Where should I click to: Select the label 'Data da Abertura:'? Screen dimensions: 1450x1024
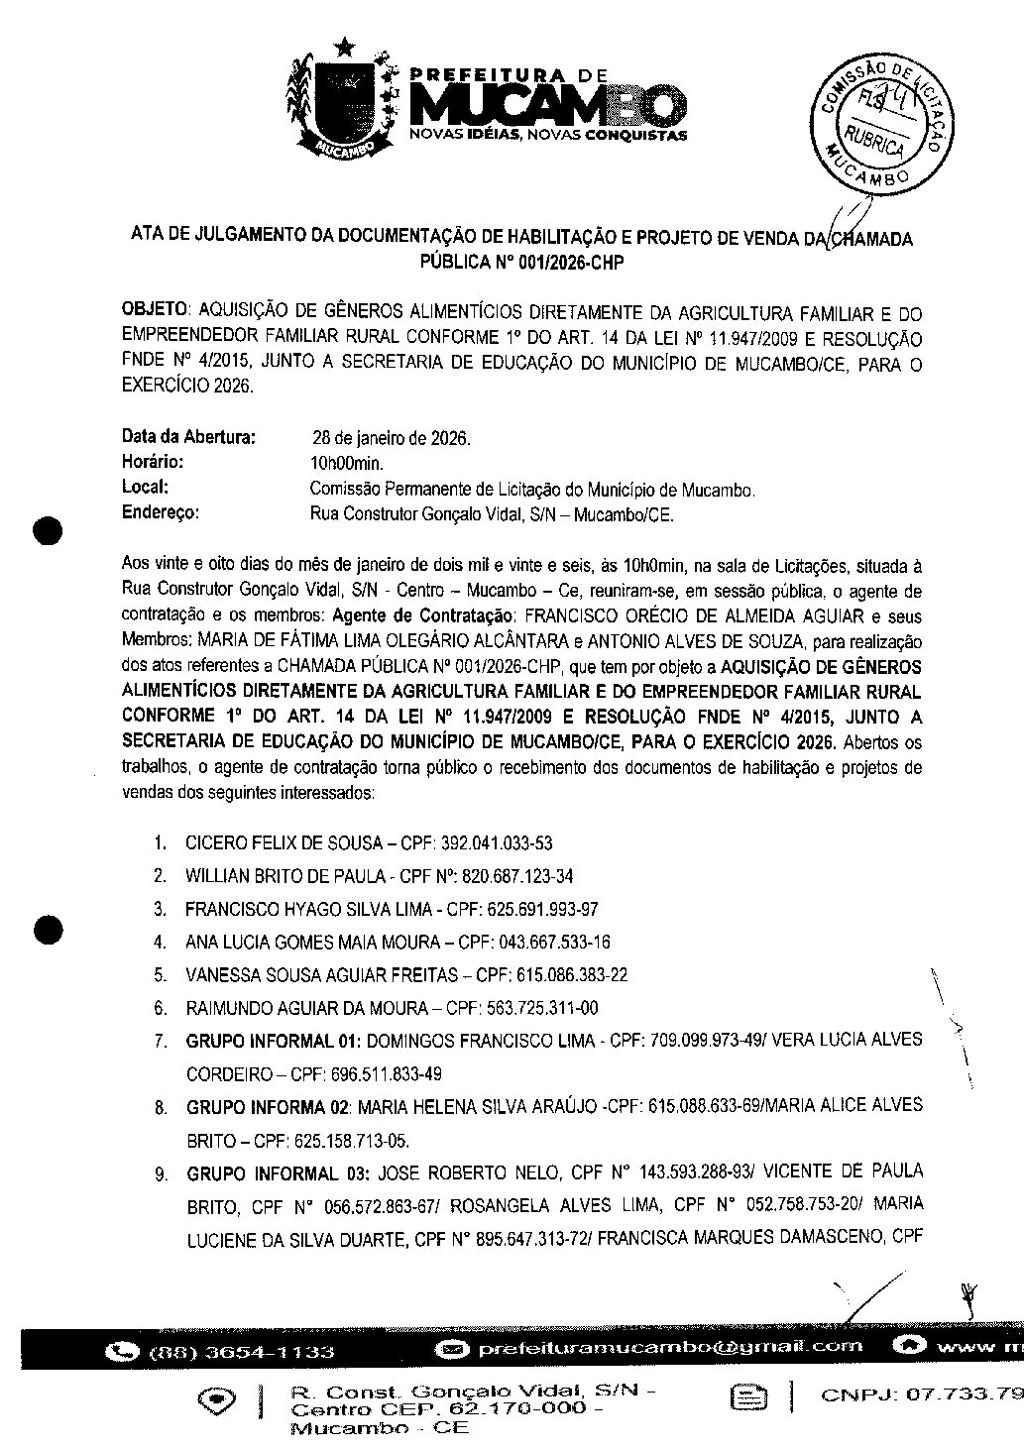188,436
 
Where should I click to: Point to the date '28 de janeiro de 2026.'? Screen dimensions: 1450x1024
392,437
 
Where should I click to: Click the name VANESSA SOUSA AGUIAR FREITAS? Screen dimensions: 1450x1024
321,975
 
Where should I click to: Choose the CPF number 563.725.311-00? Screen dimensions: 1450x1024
542,1008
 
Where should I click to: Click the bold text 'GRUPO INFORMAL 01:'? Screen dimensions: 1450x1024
262,1041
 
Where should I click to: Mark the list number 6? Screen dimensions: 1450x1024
159,1009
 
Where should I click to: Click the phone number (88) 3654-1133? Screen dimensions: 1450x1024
241,1352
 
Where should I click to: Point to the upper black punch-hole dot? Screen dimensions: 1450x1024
47,530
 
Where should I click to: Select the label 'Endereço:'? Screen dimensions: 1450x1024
161,513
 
